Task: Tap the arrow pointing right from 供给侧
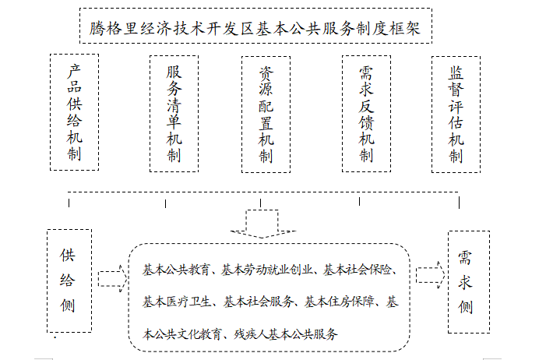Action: tap(113, 279)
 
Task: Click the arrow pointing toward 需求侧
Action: tap(431, 275)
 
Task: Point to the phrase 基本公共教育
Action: tap(176, 270)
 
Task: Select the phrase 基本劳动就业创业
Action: tap(266, 270)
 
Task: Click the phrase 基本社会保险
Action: tap(358, 270)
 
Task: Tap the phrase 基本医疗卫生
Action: tap(177, 302)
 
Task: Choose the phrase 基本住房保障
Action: tap(339, 302)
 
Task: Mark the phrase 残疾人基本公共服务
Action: tap(286, 334)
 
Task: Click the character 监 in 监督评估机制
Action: tap(456, 72)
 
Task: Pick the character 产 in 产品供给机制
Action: tap(74, 71)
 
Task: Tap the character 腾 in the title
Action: tap(97, 28)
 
